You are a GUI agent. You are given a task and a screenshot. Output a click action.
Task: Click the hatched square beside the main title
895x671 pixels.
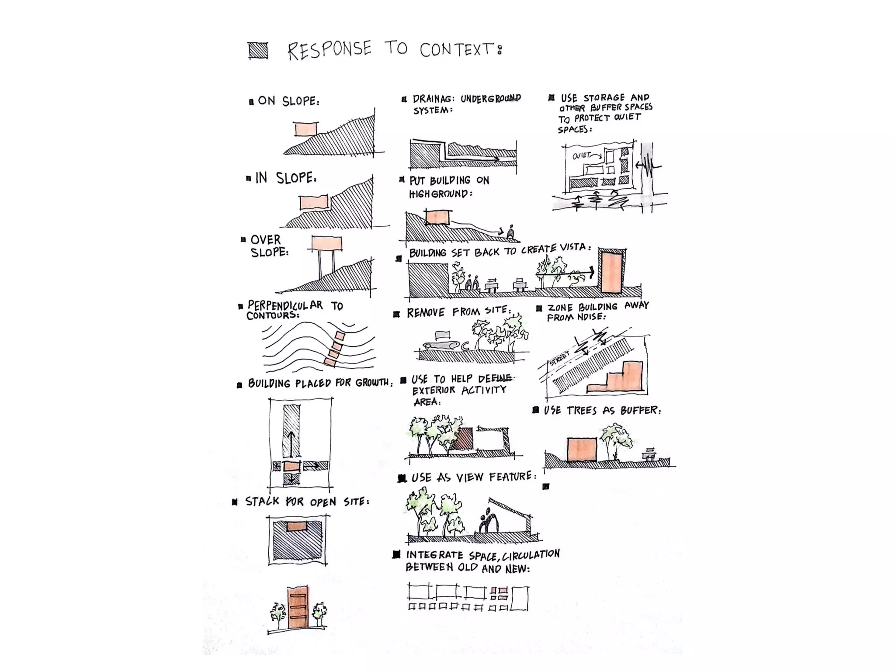(258, 51)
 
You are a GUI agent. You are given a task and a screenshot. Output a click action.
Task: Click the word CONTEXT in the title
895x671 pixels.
(457, 50)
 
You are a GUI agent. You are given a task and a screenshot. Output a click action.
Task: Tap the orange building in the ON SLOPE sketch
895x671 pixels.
(305, 129)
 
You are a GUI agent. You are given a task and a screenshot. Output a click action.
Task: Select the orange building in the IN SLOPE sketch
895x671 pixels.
(313, 203)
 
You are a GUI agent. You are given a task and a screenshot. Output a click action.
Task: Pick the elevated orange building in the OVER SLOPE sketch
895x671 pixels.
(326, 243)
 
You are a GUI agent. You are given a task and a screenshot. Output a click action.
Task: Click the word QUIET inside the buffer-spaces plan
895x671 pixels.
(582, 156)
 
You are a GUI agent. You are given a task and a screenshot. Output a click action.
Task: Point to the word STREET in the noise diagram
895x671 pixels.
(560, 359)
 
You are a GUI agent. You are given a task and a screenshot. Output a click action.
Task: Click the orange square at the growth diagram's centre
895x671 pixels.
(291, 467)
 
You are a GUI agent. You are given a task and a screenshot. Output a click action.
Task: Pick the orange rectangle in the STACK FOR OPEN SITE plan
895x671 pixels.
(298, 526)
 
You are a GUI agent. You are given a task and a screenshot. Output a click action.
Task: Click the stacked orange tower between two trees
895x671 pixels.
(298, 608)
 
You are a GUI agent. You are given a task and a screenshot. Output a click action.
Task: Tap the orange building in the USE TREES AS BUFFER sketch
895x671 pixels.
(582, 450)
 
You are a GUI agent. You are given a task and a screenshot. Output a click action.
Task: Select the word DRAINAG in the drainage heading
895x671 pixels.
(433, 99)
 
